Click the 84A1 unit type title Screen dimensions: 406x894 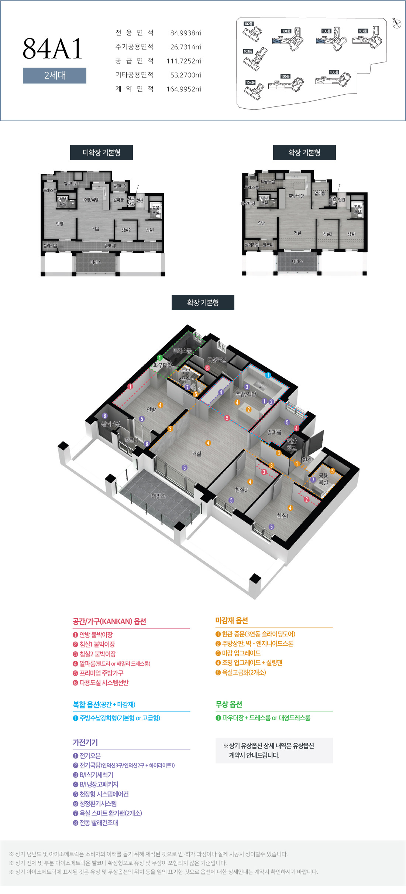coord(53,49)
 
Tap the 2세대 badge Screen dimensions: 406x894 coord(55,75)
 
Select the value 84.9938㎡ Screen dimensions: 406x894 coord(185,33)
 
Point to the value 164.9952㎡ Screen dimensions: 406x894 coord(183,89)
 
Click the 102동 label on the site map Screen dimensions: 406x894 coord(248,24)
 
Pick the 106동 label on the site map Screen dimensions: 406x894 coord(334,72)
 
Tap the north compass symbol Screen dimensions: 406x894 coord(397,24)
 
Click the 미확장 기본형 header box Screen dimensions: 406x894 coord(101,153)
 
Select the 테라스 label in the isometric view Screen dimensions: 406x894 coord(158,496)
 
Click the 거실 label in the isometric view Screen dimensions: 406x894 coord(196,453)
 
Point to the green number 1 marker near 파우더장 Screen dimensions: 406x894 coord(160,358)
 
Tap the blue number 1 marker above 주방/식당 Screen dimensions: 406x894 coord(268,375)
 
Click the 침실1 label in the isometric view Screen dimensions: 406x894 coord(282,516)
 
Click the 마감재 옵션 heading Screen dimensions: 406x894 coord(231,621)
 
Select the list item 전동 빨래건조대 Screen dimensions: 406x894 coord(99,822)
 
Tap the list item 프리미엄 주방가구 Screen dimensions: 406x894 coord(101,673)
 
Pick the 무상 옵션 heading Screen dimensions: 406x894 coord(229,704)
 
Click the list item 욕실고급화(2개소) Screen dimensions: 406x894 coord(244,672)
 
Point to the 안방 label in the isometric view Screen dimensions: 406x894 coord(151,409)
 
